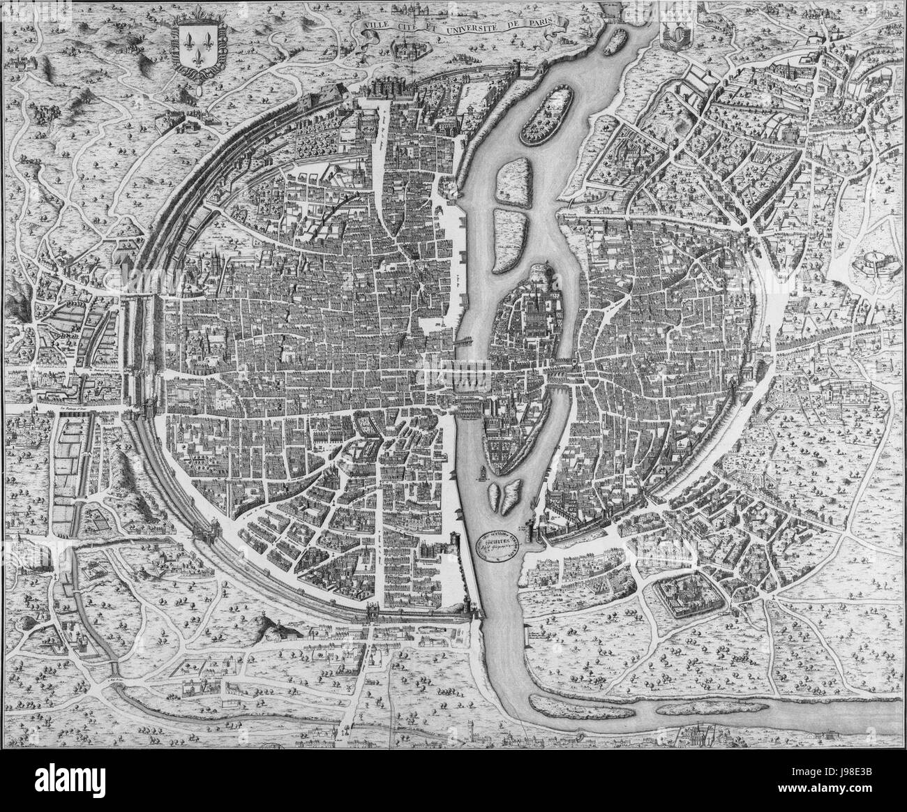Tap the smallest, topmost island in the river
coord(612,41)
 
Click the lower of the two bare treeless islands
coord(507,236)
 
